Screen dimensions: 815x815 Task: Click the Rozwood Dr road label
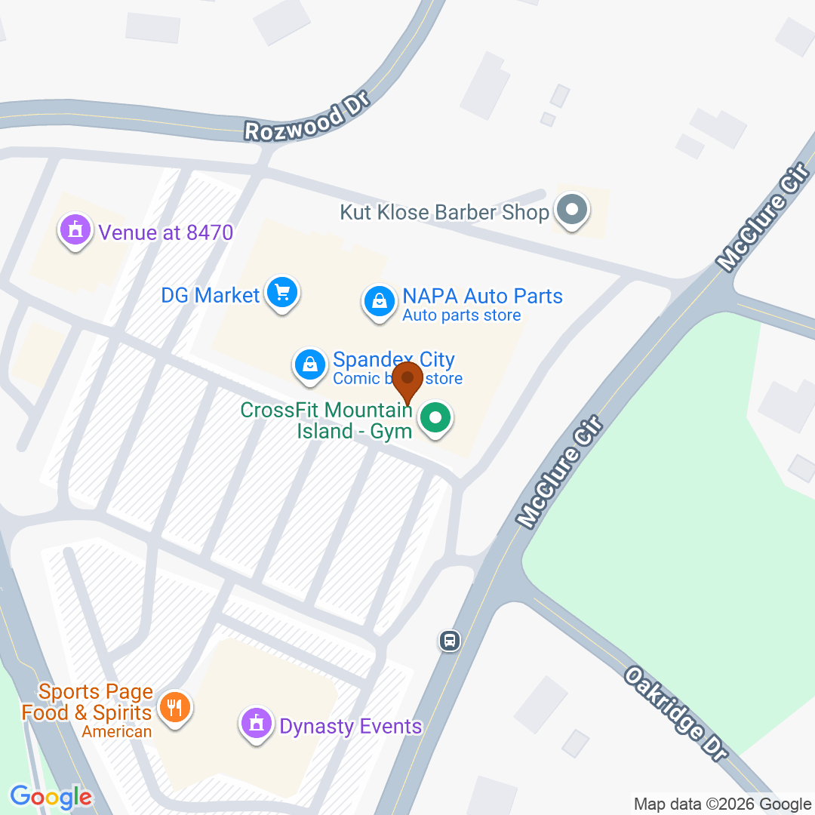[x=306, y=118]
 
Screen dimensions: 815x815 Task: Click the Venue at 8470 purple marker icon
[x=75, y=229]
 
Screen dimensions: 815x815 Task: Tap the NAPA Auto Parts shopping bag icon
[x=380, y=302]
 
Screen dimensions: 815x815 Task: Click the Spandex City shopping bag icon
[x=309, y=364]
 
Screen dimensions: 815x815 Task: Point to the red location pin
[x=408, y=380]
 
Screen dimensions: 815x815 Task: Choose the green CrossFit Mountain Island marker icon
[x=435, y=417]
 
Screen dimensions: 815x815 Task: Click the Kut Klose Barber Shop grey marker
[x=571, y=210]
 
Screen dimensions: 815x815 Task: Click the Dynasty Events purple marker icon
[x=256, y=724]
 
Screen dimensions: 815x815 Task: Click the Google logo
[x=51, y=796]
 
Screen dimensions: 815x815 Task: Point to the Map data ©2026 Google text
[x=722, y=804]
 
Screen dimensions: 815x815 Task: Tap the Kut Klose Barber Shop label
[x=444, y=213]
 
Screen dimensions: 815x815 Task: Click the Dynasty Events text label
[x=350, y=727]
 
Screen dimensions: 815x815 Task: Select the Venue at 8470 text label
[x=166, y=232]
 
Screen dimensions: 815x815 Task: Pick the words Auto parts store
[x=461, y=315]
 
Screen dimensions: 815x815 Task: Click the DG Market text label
[x=210, y=295]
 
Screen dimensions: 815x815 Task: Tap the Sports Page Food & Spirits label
[x=87, y=703]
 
